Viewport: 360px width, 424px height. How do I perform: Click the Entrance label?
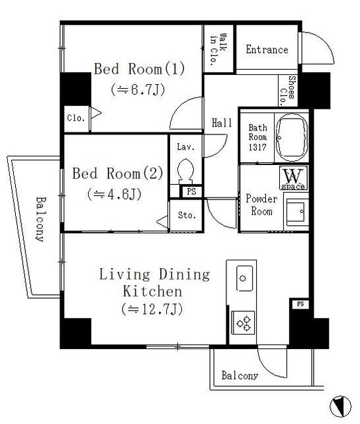267,50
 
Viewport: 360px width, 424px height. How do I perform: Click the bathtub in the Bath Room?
291,138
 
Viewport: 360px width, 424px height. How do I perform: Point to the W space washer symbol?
291,179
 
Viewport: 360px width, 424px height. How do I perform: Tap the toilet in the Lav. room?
185,170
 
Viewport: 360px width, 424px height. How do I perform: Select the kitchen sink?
243,276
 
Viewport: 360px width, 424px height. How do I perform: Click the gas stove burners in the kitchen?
244,324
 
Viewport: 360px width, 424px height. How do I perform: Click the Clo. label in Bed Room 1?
75,118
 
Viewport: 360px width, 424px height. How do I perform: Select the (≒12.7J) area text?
152,309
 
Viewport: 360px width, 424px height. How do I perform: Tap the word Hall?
221,123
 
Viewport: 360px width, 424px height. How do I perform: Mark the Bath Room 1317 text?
257,138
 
